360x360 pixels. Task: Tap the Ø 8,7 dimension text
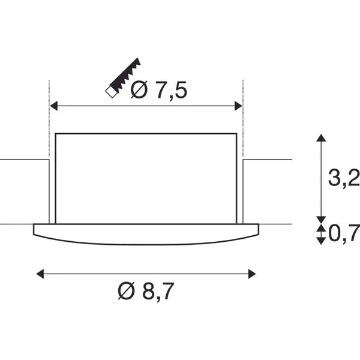[147, 292]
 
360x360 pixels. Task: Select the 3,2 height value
[344, 178]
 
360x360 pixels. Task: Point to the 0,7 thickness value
[344, 233]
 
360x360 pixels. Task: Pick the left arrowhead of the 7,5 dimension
[53, 106]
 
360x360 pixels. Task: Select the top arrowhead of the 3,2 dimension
[322, 138]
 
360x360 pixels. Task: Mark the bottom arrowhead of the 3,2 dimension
[322, 218]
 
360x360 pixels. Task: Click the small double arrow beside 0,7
[322, 233]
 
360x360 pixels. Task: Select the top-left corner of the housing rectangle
[56, 134]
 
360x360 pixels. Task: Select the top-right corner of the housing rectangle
[236, 134]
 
